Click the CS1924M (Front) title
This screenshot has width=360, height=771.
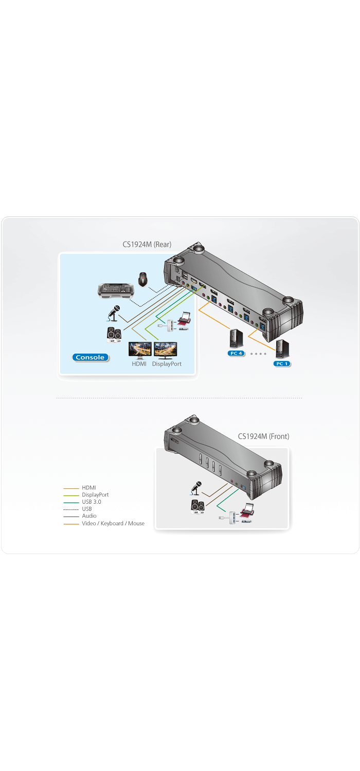[x=263, y=436]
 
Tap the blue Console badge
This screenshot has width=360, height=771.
[x=90, y=357]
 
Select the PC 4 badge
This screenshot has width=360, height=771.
[x=236, y=354]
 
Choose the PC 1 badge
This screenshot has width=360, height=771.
[x=282, y=363]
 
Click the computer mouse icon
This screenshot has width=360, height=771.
[x=143, y=279]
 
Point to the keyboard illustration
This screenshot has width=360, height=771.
[x=116, y=289]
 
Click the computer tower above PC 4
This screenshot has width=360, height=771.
[x=236, y=338]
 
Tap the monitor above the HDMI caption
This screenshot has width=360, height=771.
[x=139, y=350]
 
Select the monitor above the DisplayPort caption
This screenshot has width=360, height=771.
[x=166, y=350]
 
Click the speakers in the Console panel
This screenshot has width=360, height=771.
[x=114, y=335]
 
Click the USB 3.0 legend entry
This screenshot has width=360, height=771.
[x=92, y=502]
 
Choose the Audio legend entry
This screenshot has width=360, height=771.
[x=89, y=516]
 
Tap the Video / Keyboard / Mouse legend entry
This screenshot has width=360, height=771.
[x=113, y=523]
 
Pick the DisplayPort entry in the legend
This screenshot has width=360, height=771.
[x=95, y=494]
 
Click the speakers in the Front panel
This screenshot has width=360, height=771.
[x=197, y=507]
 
